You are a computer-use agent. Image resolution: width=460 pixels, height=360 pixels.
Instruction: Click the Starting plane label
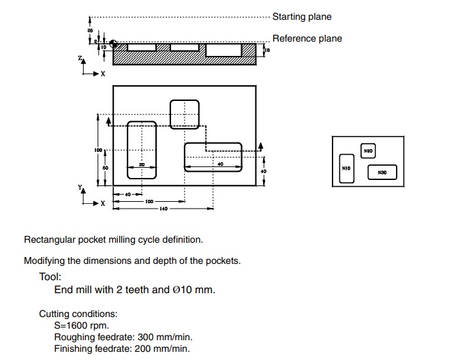click(302, 16)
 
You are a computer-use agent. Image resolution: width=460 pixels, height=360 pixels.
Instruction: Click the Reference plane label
click(307, 39)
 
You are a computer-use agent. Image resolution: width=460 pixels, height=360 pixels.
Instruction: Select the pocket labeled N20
click(368, 151)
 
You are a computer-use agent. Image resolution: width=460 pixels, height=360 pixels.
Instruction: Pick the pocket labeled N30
click(382, 172)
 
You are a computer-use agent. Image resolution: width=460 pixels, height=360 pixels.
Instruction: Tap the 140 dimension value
click(164, 209)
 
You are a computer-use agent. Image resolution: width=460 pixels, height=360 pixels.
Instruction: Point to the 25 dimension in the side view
click(90, 31)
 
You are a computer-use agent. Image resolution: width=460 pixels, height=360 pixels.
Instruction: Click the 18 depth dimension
click(268, 50)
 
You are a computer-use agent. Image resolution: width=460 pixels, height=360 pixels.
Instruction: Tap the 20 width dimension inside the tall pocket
click(142, 164)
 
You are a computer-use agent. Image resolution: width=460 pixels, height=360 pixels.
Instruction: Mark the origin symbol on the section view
click(113, 44)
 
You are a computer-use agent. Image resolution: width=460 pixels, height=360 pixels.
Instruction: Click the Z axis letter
click(80, 60)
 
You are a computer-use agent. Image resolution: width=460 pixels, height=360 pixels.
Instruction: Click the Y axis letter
click(80, 186)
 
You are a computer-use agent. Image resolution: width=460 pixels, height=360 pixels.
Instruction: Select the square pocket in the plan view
click(184, 114)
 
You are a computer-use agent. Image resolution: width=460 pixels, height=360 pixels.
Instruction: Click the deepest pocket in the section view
click(223, 50)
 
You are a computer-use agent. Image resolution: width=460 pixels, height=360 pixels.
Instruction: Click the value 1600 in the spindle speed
click(77, 325)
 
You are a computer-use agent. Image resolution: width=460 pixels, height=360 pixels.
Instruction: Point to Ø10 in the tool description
click(184, 290)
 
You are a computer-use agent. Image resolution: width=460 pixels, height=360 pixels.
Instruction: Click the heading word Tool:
click(50, 277)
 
